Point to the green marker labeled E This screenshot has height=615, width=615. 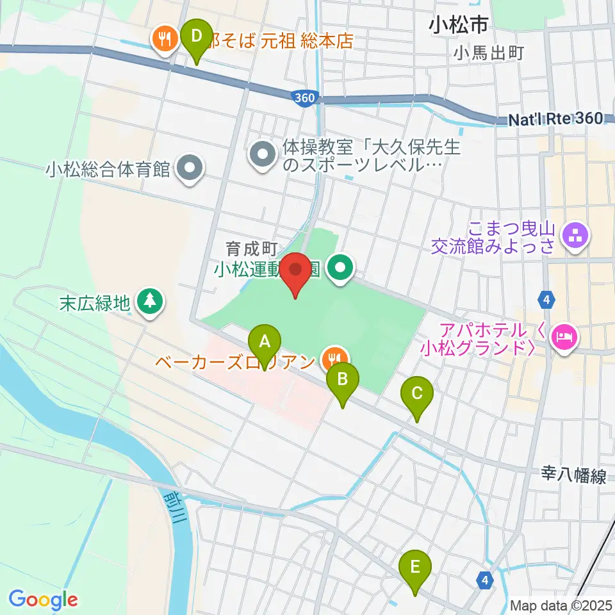pos(415,568)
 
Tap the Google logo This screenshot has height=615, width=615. pos(43,599)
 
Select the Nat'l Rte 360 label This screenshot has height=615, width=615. pos(555,119)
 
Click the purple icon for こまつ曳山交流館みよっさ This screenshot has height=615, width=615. pos(575,236)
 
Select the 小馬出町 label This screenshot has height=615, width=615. pos(489,53)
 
